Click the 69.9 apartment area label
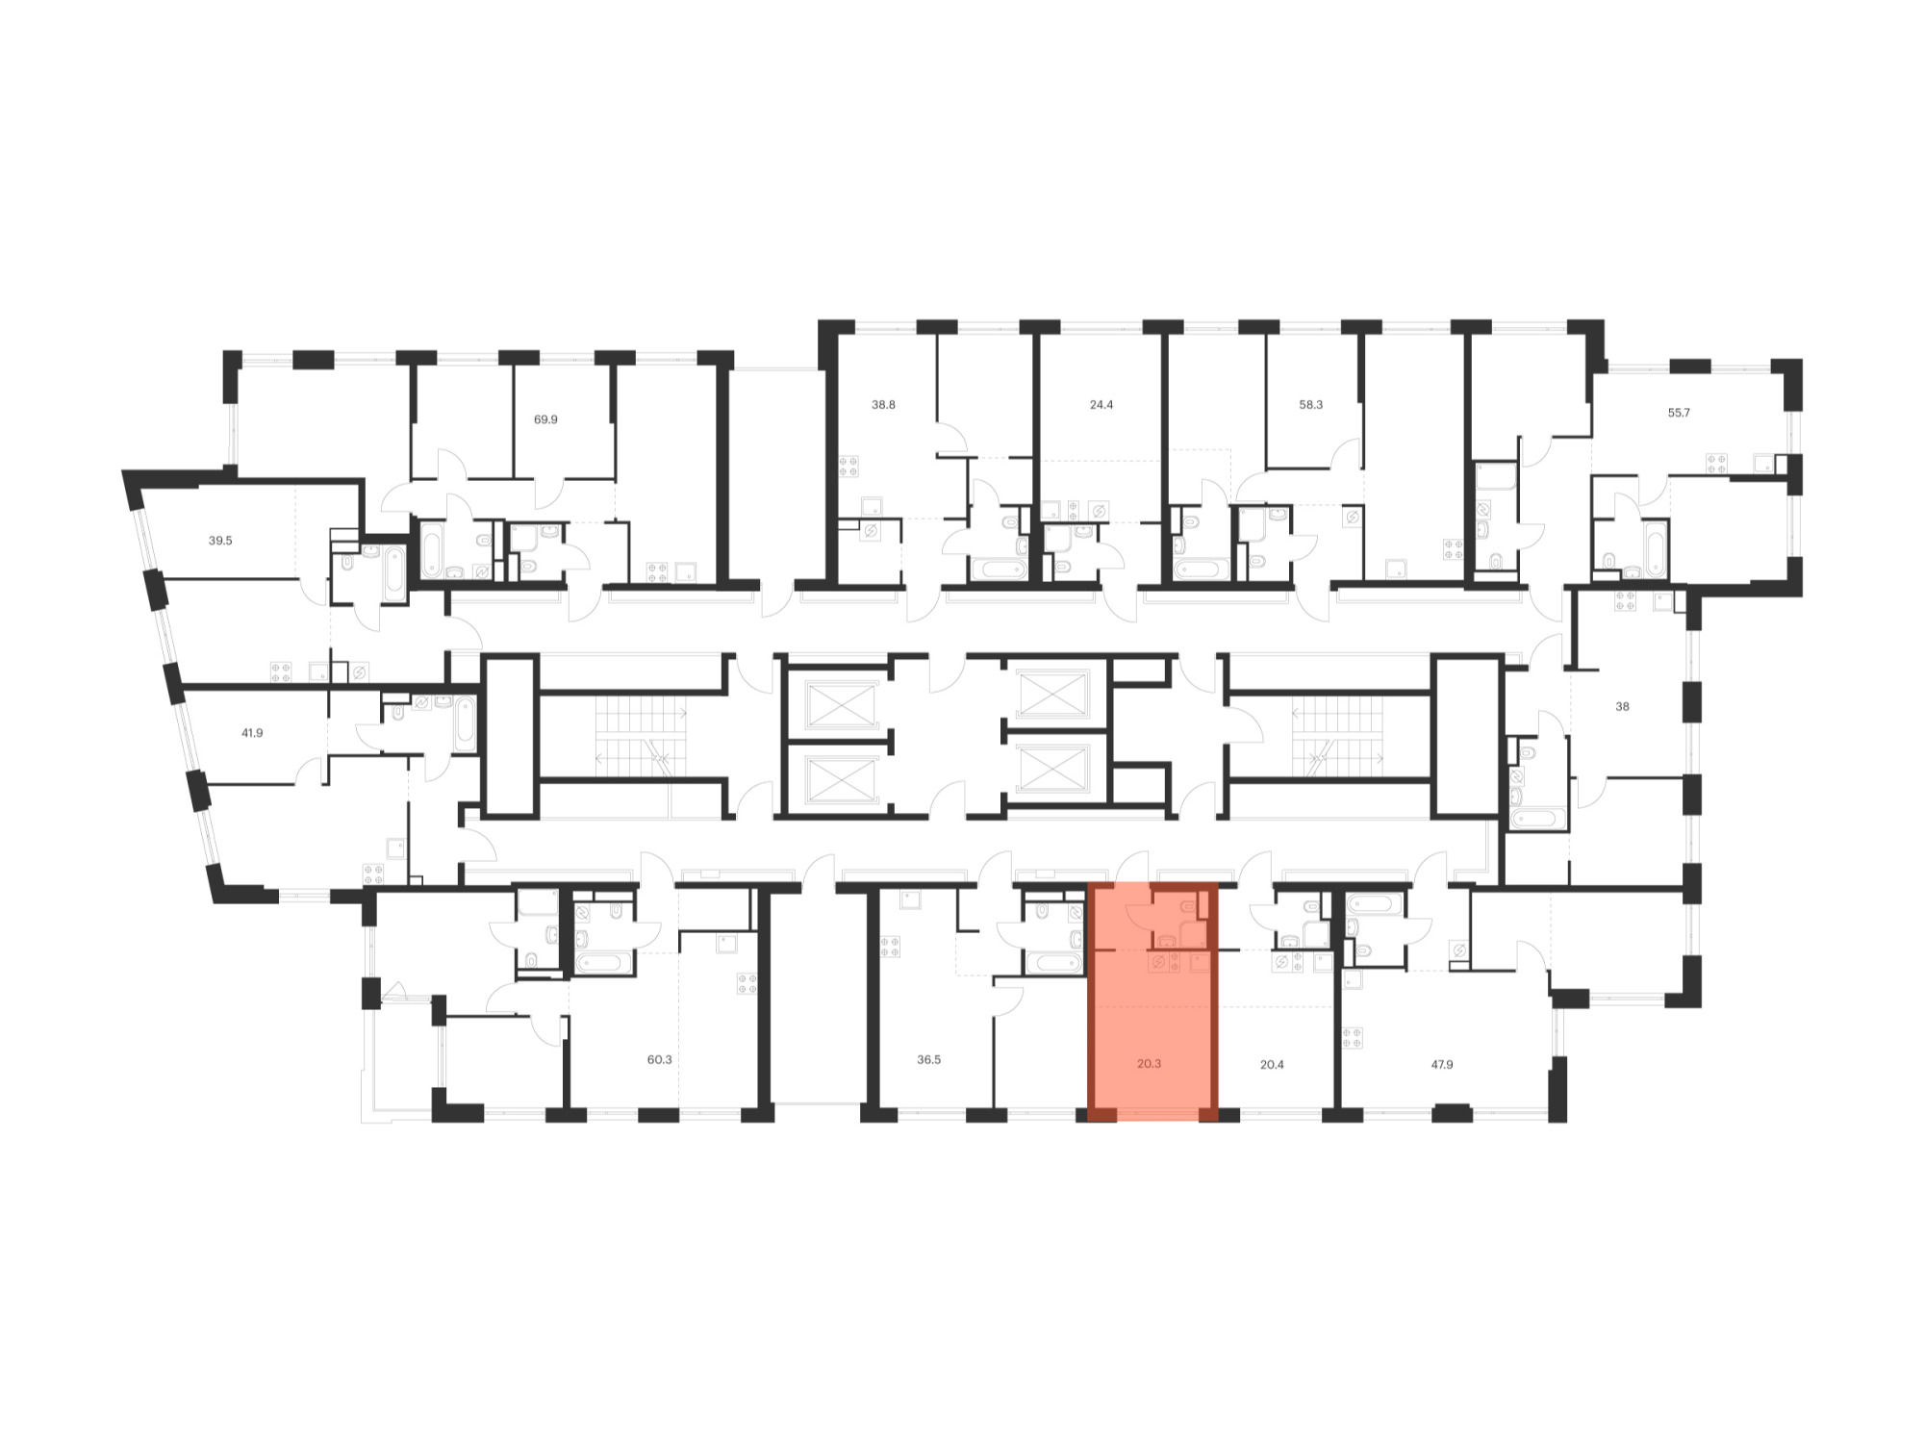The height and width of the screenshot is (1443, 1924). [x=545, y=419]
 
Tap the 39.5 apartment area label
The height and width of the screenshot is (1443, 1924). [x=220, y=541]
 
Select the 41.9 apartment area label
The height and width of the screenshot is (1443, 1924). [x=252, y=733]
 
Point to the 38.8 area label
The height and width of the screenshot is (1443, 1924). [x=883, y=405]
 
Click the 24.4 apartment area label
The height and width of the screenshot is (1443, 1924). [x=1101, y=405]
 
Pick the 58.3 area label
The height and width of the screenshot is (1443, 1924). [x=1311, y=405]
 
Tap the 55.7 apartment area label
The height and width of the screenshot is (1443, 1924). [x=1679, y=413]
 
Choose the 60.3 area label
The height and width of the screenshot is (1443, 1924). [x=660, y=1060]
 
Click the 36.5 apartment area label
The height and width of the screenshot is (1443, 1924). [x=929, y=1060]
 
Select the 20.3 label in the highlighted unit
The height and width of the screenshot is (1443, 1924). [x=1149, y=1064]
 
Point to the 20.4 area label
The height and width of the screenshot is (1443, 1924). [x=1272, y=1065]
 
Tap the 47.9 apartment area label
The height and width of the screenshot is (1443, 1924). [x=1442, y=1065]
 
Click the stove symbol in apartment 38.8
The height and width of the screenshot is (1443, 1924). [x=848, y=467]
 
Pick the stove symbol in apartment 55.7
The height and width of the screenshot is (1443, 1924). [x=1717, y=464]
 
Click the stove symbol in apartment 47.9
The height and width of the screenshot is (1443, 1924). [x=1353, y=1038]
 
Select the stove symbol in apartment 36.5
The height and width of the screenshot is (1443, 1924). [x=891, y=946]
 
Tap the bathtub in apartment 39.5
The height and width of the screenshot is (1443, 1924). [x=394, y=573]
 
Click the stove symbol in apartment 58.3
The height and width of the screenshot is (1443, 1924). [x=1453, y=549]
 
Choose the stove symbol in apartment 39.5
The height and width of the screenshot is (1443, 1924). [x=281, y=672]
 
